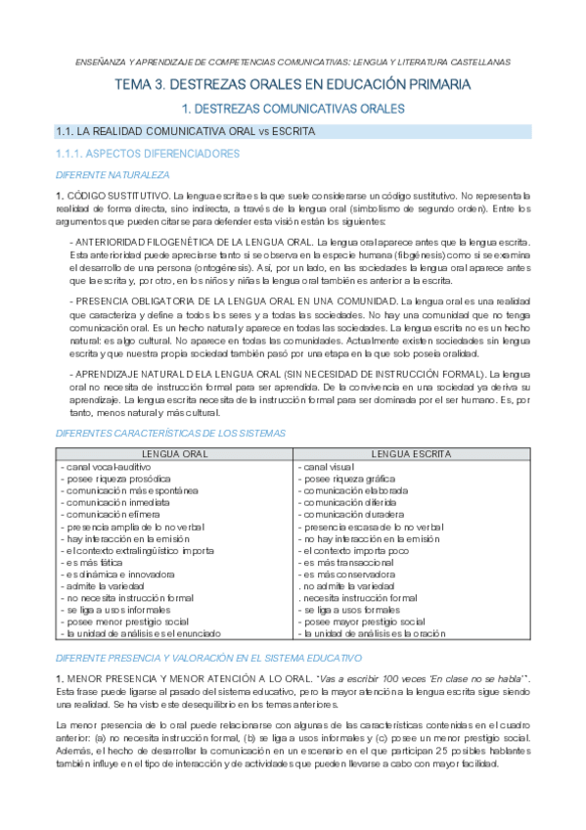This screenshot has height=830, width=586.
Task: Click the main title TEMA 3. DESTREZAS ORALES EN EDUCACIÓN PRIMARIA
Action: pyautogui.click(x=293, y=85)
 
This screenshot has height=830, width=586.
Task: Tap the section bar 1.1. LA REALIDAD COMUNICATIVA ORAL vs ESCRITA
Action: pyautogui.click(x=186, y=131)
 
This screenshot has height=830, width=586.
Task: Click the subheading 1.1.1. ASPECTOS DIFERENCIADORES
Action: pyautogui.click(x=148, y=154)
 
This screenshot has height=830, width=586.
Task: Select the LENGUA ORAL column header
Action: pyautogui.click(x=174, y=454)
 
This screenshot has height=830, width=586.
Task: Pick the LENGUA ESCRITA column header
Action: pyautogui.click(x=411, y=454)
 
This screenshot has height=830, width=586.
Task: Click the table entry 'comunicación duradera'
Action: pyautogui.click(x=348, y=514)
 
